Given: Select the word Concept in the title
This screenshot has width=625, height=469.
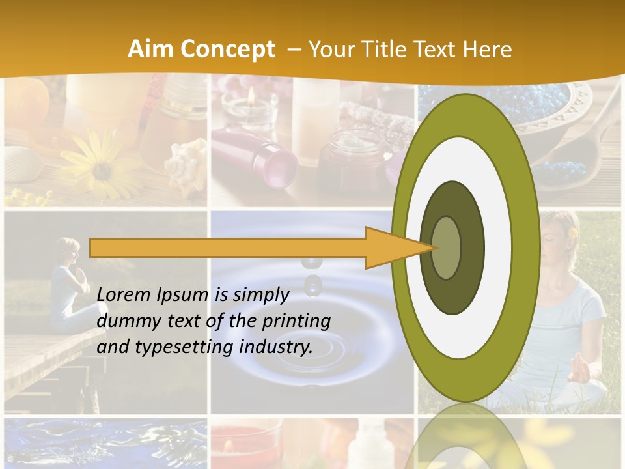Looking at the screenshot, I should point(228,50).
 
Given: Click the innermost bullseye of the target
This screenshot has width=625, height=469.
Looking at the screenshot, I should point(447,248).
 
